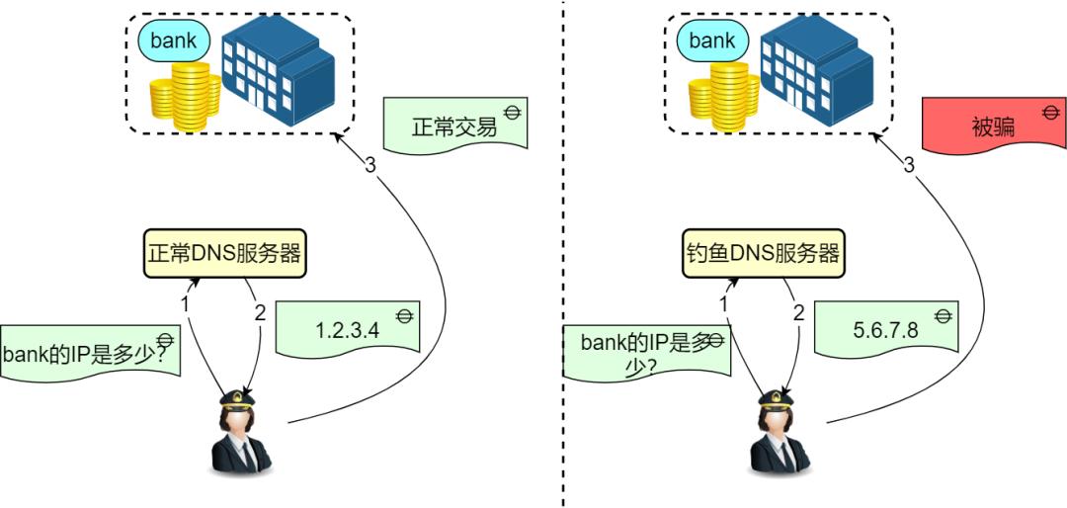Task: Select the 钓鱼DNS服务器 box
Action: tap(764, 253)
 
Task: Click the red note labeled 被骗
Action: tap(992, 127)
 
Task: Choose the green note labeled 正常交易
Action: tap(453, 127)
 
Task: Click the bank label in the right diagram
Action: tap(712, 42)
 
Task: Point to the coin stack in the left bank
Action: tap(180, 97)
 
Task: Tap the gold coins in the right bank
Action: tap(720, 97)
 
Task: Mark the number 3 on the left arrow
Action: tap(370, 165)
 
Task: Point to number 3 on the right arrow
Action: tap(909, 165)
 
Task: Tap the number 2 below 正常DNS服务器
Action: tap(260, 312)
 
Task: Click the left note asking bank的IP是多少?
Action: tap(91, 351)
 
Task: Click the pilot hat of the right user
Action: tap(776, 398)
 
